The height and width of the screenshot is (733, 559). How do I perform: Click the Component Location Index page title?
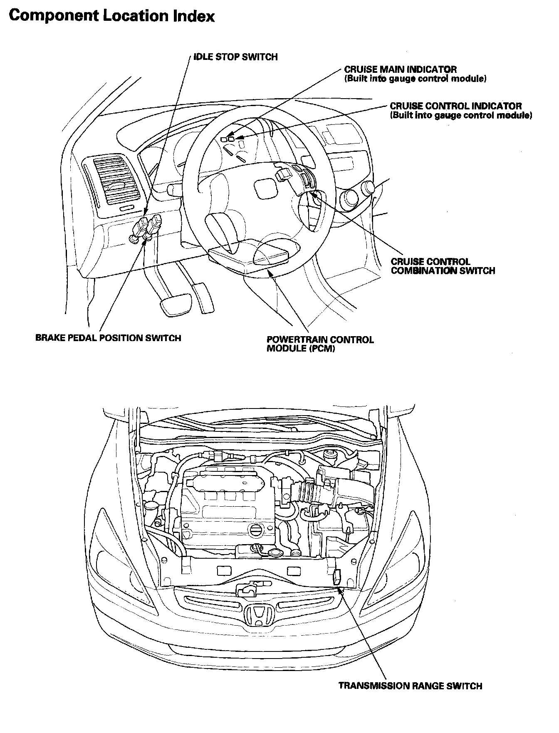111,16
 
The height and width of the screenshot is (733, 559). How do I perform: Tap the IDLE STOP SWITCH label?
235,57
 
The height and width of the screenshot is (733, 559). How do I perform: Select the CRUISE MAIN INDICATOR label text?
400,69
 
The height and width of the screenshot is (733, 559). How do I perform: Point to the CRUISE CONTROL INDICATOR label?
455,106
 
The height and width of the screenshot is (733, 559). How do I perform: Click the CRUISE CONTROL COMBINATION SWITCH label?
443,266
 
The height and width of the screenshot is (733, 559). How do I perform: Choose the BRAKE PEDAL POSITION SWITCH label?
108,338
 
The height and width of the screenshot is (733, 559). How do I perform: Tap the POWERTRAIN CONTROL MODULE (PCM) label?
320,344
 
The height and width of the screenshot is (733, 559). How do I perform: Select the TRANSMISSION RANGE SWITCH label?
410,686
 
